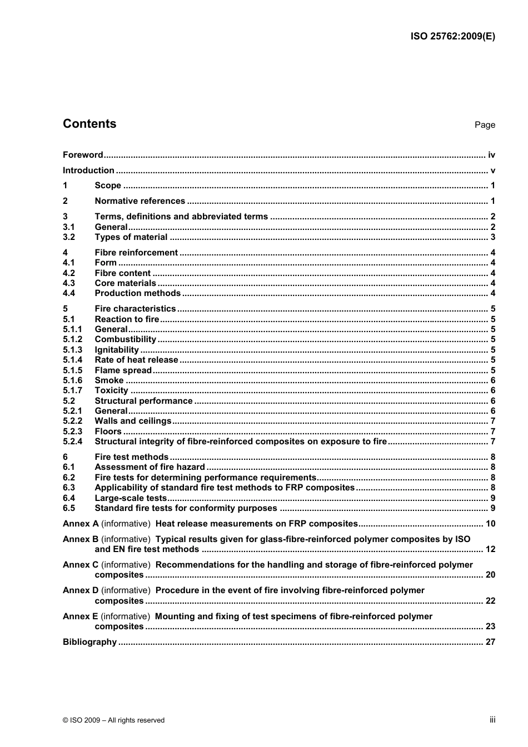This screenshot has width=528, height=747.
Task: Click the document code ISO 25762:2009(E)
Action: point(452,37)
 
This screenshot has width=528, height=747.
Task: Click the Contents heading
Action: point(89,124)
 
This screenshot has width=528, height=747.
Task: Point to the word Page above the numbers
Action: point(485,125)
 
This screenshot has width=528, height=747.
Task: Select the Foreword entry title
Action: point(83,155)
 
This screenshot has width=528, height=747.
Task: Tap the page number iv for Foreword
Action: point(491,155)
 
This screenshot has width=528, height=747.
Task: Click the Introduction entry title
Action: point(88,171)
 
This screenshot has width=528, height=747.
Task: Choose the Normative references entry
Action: point(140,201)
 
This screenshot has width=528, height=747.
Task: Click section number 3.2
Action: point(69,237)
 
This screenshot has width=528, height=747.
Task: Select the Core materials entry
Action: point(125,283)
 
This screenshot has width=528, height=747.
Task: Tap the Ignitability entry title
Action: point(117,350)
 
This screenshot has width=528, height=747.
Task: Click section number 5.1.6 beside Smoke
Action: point(72,380)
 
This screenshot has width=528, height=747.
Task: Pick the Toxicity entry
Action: point(111,390)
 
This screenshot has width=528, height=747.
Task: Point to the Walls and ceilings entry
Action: point(133,421)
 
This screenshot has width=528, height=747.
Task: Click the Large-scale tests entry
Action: point(131,498)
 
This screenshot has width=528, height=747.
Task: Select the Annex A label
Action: point(81,524)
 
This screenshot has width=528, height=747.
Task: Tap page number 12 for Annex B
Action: point(490,549)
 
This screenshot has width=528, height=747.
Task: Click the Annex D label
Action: point(81,590)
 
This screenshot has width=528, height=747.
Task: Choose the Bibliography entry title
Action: point(89,642)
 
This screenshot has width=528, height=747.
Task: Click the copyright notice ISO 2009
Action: point(113,720)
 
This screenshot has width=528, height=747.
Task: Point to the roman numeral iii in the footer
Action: point(492,720)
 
